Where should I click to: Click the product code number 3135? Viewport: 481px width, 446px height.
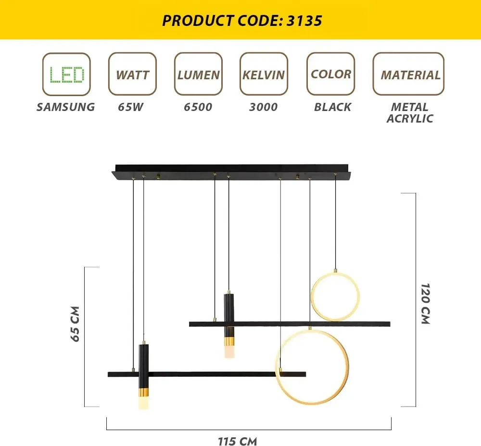pyautogui.click(x=304, y=21)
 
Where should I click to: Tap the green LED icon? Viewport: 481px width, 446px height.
pyautogui.click(x=66, y=74)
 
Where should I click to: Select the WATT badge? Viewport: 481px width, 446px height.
pyautogui.click(x=133, y=74)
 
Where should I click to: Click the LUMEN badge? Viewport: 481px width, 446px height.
pyautogui.click(x=198, y=74)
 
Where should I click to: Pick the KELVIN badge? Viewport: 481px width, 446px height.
pyautogui.click(x=264, y=74)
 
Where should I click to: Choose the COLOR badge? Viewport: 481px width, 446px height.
pyautogui.click(x=331, y=74)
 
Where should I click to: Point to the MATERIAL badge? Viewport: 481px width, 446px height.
pyautogui.click(x=408, y=74)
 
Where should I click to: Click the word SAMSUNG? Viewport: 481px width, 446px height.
pyautogui.click(x=65, y=107)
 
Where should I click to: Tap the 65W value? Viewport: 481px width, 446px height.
pyautogui.click(x=131, y=107)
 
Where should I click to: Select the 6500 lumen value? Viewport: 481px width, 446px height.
pyautogui.click(x=198, y=107)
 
